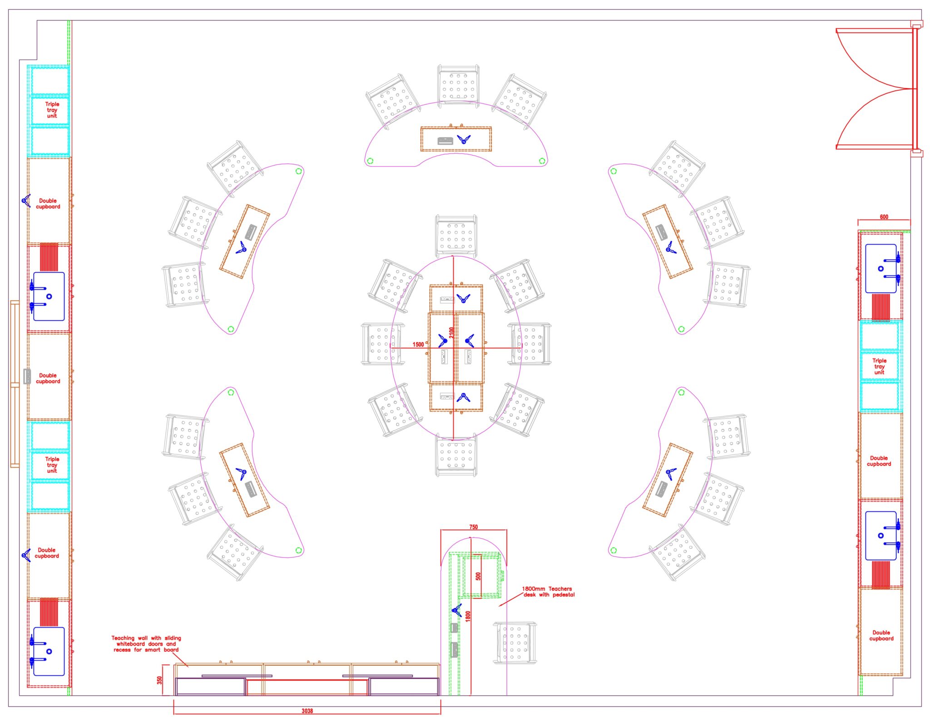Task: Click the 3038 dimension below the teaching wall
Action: tap(307, 711)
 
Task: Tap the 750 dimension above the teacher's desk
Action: tap(473, 527)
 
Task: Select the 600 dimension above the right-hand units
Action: tap(884, 217)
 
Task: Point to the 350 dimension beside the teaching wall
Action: tap(159, 680)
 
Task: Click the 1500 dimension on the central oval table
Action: tap(418, 344)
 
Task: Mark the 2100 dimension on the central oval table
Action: tap(451, 333)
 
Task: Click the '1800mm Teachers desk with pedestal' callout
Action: tap(548, 592)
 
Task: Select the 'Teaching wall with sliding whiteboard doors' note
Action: tap(146, 644)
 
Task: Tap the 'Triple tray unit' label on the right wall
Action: tap(879, 366)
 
